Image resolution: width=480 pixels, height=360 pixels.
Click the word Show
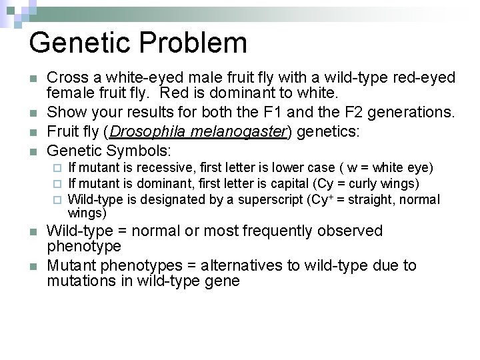66,111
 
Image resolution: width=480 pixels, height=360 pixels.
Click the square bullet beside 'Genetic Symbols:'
33,151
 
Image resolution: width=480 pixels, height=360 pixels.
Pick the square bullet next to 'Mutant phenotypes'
33,266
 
